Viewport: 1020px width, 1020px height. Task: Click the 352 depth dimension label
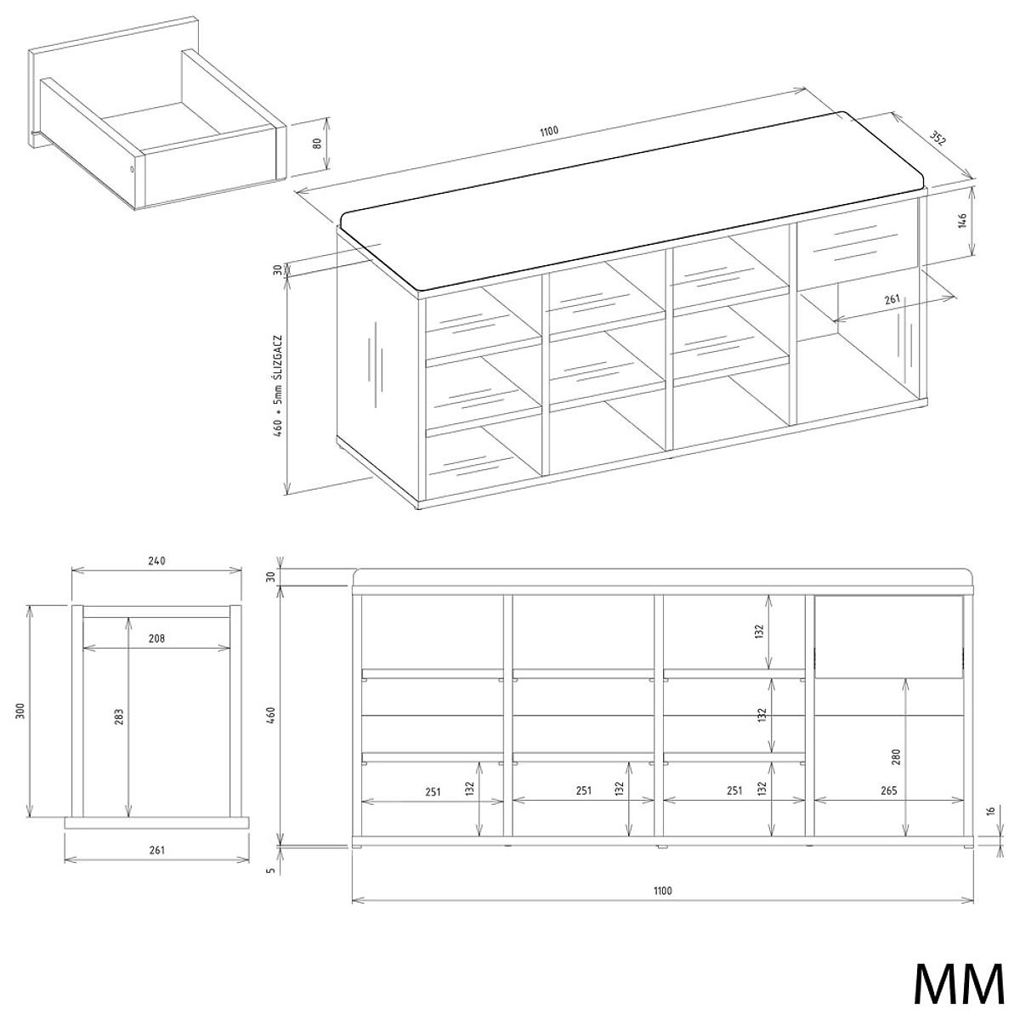(938, 139)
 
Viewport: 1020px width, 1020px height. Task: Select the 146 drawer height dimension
(962, 221)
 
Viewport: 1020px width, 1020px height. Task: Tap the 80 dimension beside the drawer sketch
(317, 144)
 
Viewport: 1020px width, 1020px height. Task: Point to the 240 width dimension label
(156, 560)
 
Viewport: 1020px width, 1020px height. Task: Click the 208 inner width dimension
(156, 638)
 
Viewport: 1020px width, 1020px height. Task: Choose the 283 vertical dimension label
(118, 717)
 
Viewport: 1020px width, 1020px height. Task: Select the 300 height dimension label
(20, 711)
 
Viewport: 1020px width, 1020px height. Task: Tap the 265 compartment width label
(889, 790)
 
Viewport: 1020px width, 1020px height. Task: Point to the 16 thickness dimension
(991, 810)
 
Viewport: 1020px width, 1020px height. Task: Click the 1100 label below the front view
(662, 890)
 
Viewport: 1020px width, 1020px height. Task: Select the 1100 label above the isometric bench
(549, 131)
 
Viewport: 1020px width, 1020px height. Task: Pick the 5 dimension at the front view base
(272, 870)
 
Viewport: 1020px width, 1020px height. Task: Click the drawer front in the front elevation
(889, 637)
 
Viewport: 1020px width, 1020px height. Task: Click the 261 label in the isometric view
(892, 299)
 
